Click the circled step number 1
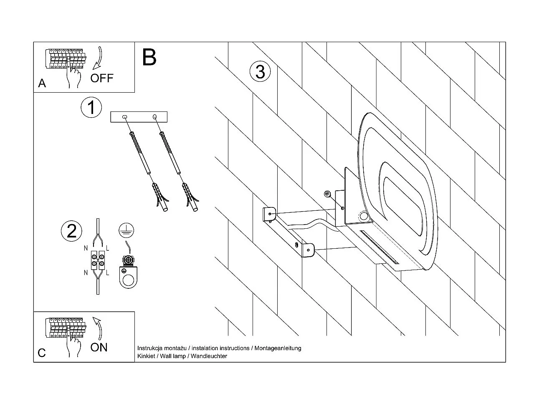[91, 108]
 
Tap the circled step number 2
[71, 231]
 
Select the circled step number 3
[260, 72]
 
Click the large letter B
[149, 58]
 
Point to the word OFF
[102, 78]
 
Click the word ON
[99, 347]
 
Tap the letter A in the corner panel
[42, 83]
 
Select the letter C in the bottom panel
[42, 353]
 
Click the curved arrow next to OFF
[99, 58]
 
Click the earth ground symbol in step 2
[124, 228]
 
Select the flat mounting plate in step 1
[138, 117]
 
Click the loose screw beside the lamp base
[327, 194]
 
